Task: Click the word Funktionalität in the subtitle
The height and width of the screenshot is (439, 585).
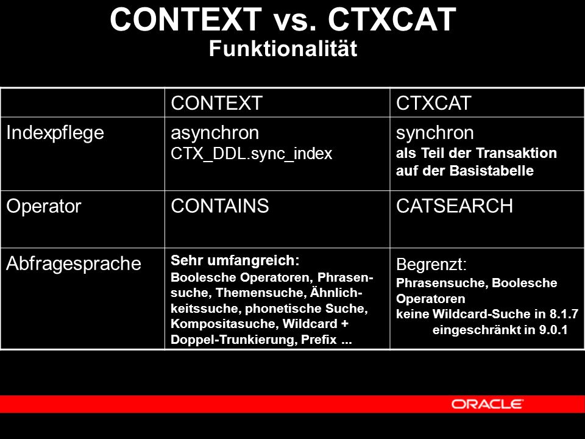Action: click(x=283, y=49)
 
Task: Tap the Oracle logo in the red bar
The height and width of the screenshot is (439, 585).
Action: click(x=487, y=404)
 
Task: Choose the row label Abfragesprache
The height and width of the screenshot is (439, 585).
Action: click(x=74, y=264)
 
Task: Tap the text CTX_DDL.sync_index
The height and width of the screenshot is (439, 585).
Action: click(x=251, y=154)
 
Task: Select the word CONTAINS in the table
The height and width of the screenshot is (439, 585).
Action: click(x=220, y=206)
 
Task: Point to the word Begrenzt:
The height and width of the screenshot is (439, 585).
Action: click(x=431, y=265)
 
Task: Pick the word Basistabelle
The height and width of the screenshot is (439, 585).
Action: click(x=491, y=171)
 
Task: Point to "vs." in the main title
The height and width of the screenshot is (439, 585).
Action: click(x=295, y=20)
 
